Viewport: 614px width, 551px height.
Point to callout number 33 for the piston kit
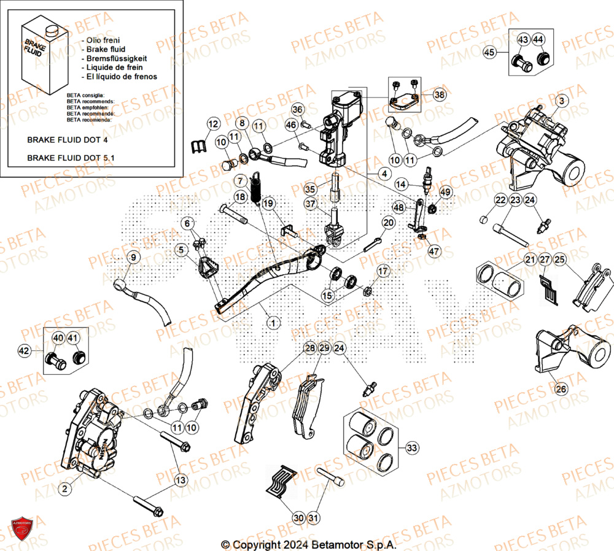point(412,448)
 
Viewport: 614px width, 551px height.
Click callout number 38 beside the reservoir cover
point(439,94)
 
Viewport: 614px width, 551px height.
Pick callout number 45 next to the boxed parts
point(489,53)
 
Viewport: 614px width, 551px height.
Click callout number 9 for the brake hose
point(134,257)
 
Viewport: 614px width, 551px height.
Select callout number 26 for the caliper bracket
point(561,388)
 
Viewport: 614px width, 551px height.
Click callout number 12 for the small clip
point(212,124)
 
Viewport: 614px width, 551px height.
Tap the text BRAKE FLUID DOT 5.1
point(71,158)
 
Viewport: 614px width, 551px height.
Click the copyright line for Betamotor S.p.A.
point(309,544)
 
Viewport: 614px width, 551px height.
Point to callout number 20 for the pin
point(388,223)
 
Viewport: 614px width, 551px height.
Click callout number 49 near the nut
point(445,193)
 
